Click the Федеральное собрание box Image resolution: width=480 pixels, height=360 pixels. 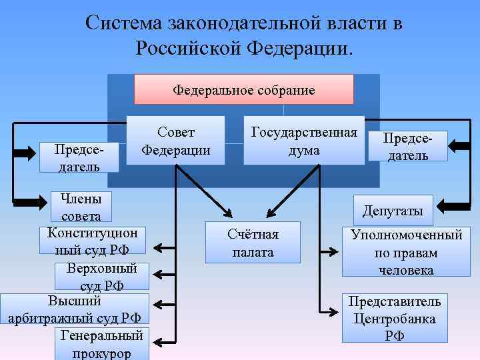pyautogui.click(x=243, y=89)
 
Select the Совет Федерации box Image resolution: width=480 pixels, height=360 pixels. pyautogui.click(x=176, y=141)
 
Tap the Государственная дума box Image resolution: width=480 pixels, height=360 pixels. pyautogui.click(x=303, y=141)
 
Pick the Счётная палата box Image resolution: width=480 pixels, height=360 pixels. pyautogui.click(x=253, y=243)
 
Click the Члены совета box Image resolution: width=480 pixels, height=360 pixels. pyautogui.click(x=81, y=207)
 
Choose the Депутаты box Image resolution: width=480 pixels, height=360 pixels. pyautogui.click(x=393, y=211)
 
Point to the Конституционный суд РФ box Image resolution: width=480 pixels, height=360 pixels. pyautogui.click(x=92, y=241)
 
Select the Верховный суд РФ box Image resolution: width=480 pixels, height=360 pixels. pyautogui.click(x=101, y=277)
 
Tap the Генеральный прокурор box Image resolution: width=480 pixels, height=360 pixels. pyautogui.click(x=101, y=343)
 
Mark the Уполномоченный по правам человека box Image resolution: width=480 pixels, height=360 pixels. pyautogui.click(x=406, y=252)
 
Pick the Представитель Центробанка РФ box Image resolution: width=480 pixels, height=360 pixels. pyautogui.click(x=394, y=318)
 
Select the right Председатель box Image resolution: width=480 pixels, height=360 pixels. pyautogui.click(x=407, y=146)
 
